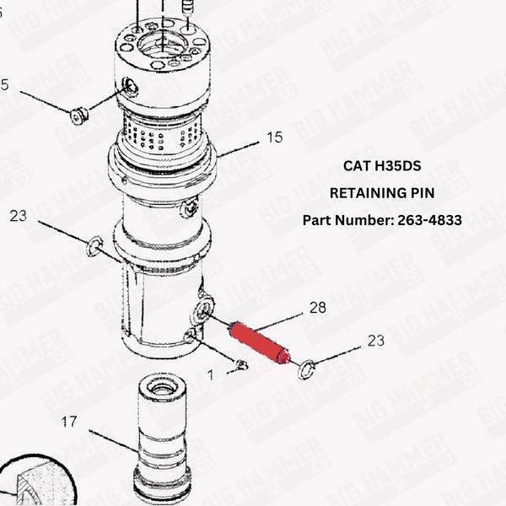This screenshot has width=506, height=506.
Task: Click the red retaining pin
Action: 256,342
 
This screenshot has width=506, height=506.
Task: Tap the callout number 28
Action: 317,308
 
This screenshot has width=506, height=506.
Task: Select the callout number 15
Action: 274,137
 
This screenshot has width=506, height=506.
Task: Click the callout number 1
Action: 211,372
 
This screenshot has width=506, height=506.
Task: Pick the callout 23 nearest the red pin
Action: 375,341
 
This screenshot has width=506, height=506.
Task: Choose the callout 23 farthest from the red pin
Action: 19,216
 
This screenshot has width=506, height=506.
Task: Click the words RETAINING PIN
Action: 381,193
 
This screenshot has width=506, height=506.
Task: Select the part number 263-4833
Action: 381,220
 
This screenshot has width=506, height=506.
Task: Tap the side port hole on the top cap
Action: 129,83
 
